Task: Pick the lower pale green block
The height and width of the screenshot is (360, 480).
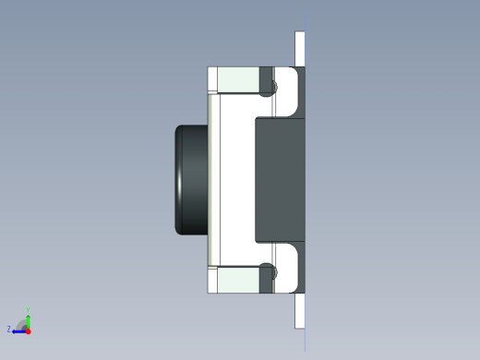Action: coord(237,279)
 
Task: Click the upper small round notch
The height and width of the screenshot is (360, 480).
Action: coord(269,89)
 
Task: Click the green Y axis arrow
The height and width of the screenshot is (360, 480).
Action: coord(29,316)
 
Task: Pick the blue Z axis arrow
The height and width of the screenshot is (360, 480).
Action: coord(18,330)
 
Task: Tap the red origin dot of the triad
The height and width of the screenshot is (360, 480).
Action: coord(29,330)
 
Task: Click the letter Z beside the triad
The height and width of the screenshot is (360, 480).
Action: coord(9,329)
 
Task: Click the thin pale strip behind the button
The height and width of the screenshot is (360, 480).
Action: coord(213,179)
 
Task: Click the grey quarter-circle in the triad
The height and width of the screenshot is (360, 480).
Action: coord(24,325)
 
